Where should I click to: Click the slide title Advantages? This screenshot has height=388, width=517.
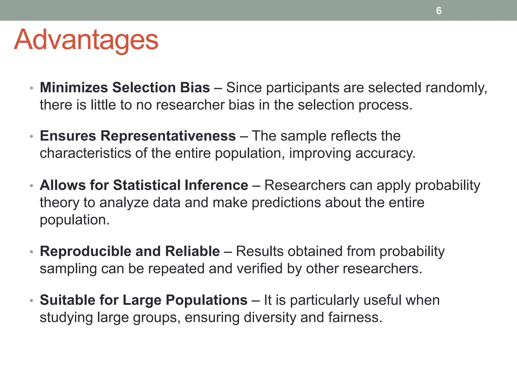86,40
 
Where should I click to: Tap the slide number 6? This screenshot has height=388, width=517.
439,11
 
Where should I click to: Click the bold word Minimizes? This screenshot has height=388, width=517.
74,88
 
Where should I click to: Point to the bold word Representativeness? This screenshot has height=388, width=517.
168,136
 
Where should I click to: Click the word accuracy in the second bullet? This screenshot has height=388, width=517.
385,153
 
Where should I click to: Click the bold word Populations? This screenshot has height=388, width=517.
206,300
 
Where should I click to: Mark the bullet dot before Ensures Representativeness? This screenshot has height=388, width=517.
32,136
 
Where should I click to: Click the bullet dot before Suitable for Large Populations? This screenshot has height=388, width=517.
32,301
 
